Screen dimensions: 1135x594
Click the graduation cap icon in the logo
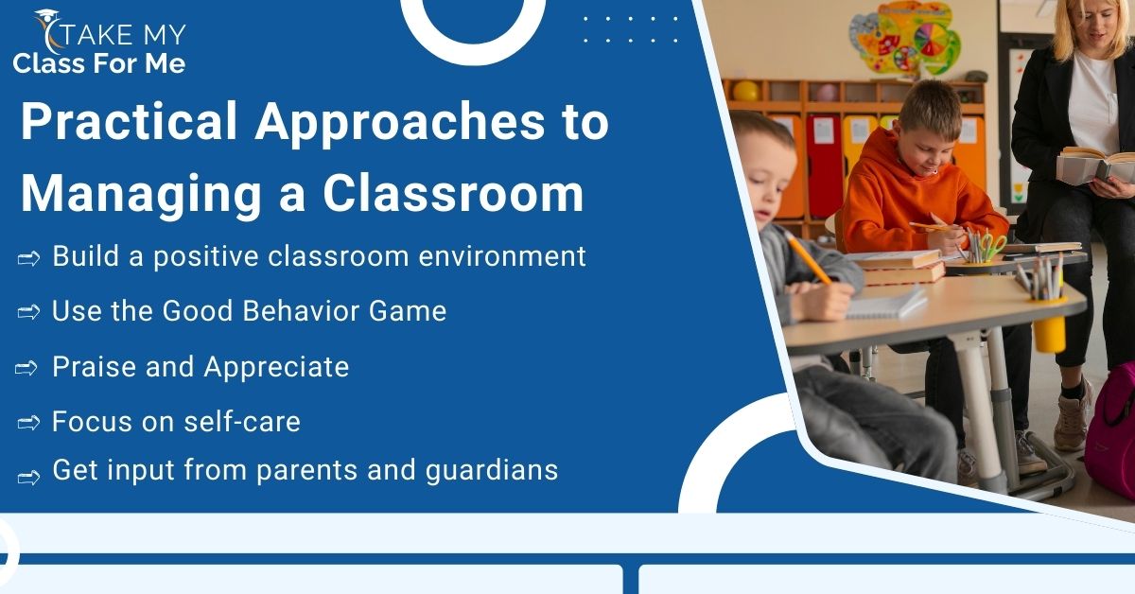pyautogui.click(x=46, y=16)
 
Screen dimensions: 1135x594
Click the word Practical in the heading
pyautogui.click(x=130, y=121)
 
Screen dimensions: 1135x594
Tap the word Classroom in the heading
pyautogui.click(x=453, y=194)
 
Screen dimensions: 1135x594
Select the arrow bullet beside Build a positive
pyautogui.click(x=28, y=259)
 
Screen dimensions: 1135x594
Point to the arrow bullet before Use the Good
pyautogui.click(x=28, y=312)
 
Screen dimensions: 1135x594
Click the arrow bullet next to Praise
pyautogui.click(x=26, y=368)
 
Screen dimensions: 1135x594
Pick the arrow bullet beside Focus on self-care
pyautogui.click(x=28, y=423)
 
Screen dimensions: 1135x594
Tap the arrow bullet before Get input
pyautogui.click(x=28, y=478)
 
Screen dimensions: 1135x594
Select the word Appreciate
pyautogui.click(x=276, y=367)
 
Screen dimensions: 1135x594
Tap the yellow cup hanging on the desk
pyautogui.click(x=1049, y=333)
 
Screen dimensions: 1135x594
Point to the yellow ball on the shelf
pyautogui.click(x=746, y=91)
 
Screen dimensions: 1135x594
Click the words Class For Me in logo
pyautogui.click(x=99, y=64)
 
